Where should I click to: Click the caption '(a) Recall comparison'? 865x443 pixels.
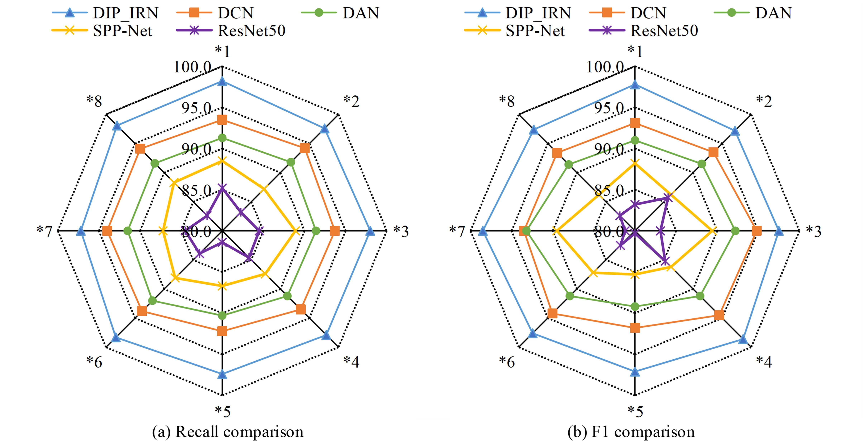tap(228, 432)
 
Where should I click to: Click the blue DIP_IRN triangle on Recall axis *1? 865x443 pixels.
tap(222, 81)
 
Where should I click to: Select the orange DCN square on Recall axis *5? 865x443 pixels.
tap(222, 331)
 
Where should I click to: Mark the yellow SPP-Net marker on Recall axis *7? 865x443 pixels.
tap(163, 231)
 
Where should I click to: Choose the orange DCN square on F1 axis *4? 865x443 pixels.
tap(719, 315)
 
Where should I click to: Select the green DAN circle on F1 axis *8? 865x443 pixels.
tap(568, 165)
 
